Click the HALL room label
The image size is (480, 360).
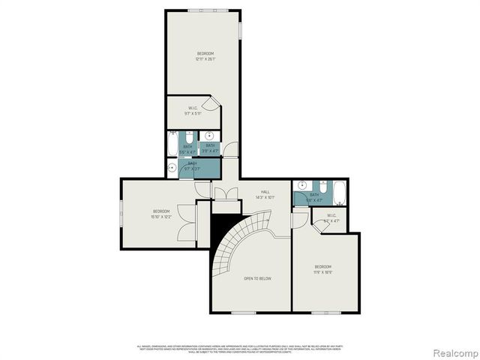coord(265,192)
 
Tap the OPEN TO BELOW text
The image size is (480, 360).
coord(257,278)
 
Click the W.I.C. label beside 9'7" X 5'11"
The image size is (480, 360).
coord(192,108)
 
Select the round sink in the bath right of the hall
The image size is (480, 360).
coord(301,186)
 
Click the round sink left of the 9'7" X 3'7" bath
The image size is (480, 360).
coord(172,168)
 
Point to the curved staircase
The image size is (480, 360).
coord(240,240)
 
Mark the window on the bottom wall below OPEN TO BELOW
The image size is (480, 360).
coord(243,313)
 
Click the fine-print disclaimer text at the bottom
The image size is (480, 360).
coord(240,347)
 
